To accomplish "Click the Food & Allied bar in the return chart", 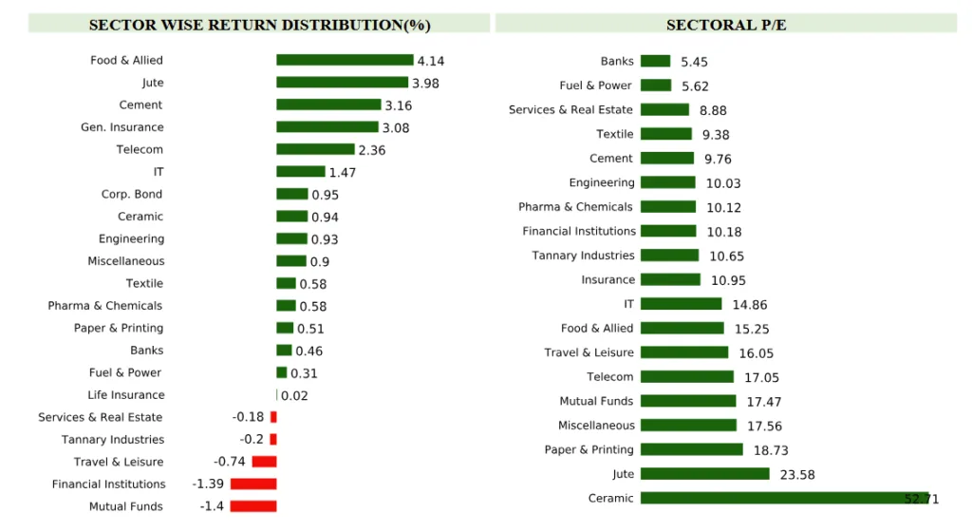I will click(x=345, y=60).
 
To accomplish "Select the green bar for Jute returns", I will click(x=342, y=83).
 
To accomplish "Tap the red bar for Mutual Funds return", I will click(x=252, y=506).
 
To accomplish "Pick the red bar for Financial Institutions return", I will click(x=253, y=484).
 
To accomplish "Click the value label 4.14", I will click(x=431, y=61).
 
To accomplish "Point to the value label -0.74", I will click(x=230, y=462).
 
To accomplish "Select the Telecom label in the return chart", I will click(x=140, y=149).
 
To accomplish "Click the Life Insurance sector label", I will click(x=126, y=395).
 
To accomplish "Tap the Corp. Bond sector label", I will click(x=132, y=194).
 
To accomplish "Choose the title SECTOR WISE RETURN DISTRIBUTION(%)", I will click(x=259, y=25).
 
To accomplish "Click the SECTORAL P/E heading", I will click(x=726, y=25).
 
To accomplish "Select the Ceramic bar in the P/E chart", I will click(x=784, y=498).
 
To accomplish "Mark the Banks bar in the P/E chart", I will click(x=655, y=61).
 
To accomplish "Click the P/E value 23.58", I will click(x=797, y=474).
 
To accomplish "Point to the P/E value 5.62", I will click(x=696, y=85).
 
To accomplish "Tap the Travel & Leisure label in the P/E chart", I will click(x=589, y=352).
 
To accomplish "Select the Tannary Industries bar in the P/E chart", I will click(x=669, y=256).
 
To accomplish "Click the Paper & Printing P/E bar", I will click(x=691, y=449).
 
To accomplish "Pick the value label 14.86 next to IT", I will click(x=750, y=305).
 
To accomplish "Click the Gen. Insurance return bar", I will click(x=327, y=127).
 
